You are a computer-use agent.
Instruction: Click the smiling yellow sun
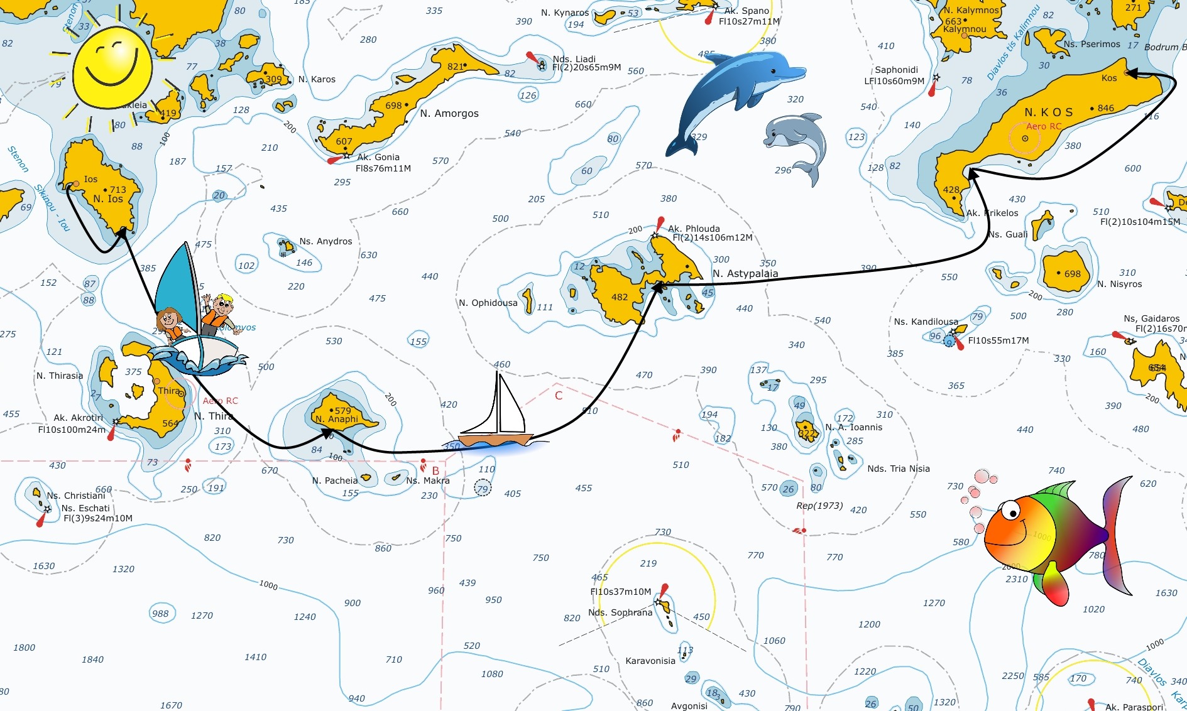tap(112, 67)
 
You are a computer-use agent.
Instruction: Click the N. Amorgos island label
tap(449, 114)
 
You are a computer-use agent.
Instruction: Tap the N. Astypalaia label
tap(745, 274)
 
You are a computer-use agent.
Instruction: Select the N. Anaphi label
tap(337, 419)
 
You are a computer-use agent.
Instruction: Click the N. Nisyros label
tap(1119, 284)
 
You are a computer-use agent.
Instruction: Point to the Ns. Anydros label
tap(325, 241)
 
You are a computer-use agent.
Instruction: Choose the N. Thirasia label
tap(60, 376)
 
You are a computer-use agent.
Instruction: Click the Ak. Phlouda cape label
tap(694, 229)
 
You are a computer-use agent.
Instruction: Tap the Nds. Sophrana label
tap(620, 612)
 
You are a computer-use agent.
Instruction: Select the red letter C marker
tap(559, 396)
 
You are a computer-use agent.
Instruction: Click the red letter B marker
tap(435, 470)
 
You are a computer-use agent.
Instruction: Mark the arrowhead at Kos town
tap(1130, 73)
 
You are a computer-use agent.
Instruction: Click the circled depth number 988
tap(160, 614)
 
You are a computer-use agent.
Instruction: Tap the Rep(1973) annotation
tap(819, 506)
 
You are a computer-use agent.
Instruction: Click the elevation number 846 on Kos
tap(1105, 108)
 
